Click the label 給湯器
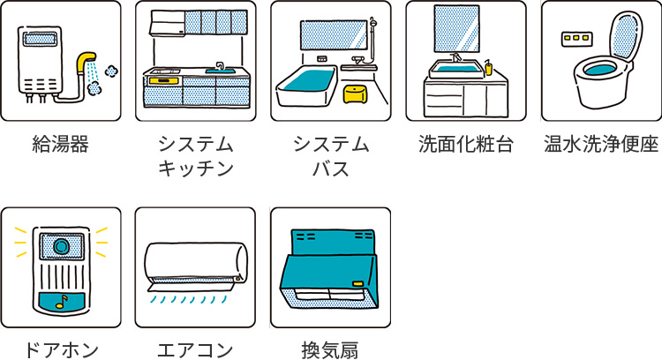tap(60, 145)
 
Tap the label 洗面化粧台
tap(465, 145)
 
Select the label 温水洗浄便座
tap(601, 145)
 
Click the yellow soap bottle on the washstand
tap(486, 67)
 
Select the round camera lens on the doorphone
tap(61, 244)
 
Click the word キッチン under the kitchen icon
tap(195, 168)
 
